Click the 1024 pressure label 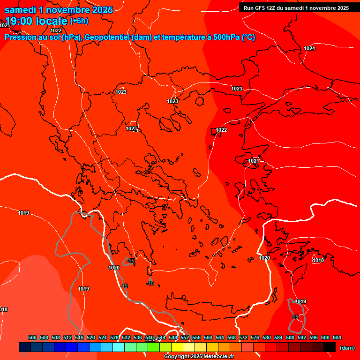[x=309, y=49]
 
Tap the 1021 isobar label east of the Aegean [x=254, y=161]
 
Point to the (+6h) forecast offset [x=79, y=21]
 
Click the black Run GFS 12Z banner [x=296, y=8]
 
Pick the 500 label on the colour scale [x=32, y=337]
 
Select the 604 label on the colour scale [x=337, y=337]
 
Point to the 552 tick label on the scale [x=185, y=337]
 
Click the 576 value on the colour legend [x=255, y=337]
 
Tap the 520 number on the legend [x=91, y=337]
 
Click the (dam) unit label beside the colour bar [x=347, y=347]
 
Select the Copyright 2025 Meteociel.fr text [x=199, y=356]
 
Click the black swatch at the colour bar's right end [x=330, y=347]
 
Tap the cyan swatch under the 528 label [x=119, y=347]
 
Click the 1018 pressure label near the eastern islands [x=318, y=260]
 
